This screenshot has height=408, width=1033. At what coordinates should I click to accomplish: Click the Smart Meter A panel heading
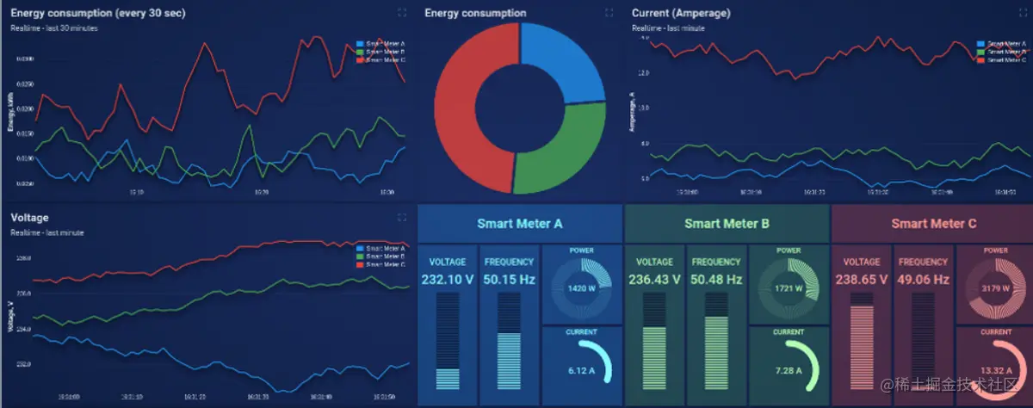coord(520,224)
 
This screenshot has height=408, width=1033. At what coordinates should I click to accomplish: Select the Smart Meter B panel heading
coord(727,224)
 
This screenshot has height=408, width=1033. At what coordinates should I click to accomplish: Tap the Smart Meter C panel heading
coord(933,224)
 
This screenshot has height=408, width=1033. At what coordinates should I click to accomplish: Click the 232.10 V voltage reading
coord(447,280)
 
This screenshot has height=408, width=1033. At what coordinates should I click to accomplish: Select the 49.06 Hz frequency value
coord(923,280)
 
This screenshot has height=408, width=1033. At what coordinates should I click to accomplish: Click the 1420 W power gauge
coord(580,288)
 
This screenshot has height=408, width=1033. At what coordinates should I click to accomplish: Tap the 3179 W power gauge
coord(995,288)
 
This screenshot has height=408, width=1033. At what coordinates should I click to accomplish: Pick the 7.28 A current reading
coord(788,371)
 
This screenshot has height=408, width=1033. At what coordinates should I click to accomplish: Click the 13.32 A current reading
coord(995,371)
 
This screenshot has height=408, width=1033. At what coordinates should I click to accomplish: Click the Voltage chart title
coord(29,219)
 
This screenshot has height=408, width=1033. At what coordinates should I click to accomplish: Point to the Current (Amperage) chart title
coord(681,13)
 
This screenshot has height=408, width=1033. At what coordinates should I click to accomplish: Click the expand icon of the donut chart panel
coord(609,13)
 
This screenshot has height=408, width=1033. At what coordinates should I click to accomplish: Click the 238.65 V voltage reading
coord(862,280)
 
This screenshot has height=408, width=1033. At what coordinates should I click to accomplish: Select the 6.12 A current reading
coord(580,371)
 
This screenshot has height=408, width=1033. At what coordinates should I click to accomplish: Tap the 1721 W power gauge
coord(788,288)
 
